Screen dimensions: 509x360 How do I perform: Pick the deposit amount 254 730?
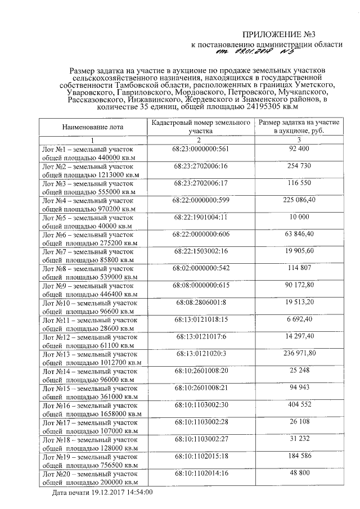(x=299, y=167)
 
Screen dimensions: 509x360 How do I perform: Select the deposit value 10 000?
(x=299, y=217)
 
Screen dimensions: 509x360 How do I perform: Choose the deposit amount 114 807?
(x=299, y=268)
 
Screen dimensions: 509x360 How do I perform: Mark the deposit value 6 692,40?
(x=299, y=319)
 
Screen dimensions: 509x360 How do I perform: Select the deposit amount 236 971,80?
(x=299, y=353)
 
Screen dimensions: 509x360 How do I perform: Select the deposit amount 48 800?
(x=299, y=474)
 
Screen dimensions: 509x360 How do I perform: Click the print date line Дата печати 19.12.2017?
(x=102, y=492)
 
